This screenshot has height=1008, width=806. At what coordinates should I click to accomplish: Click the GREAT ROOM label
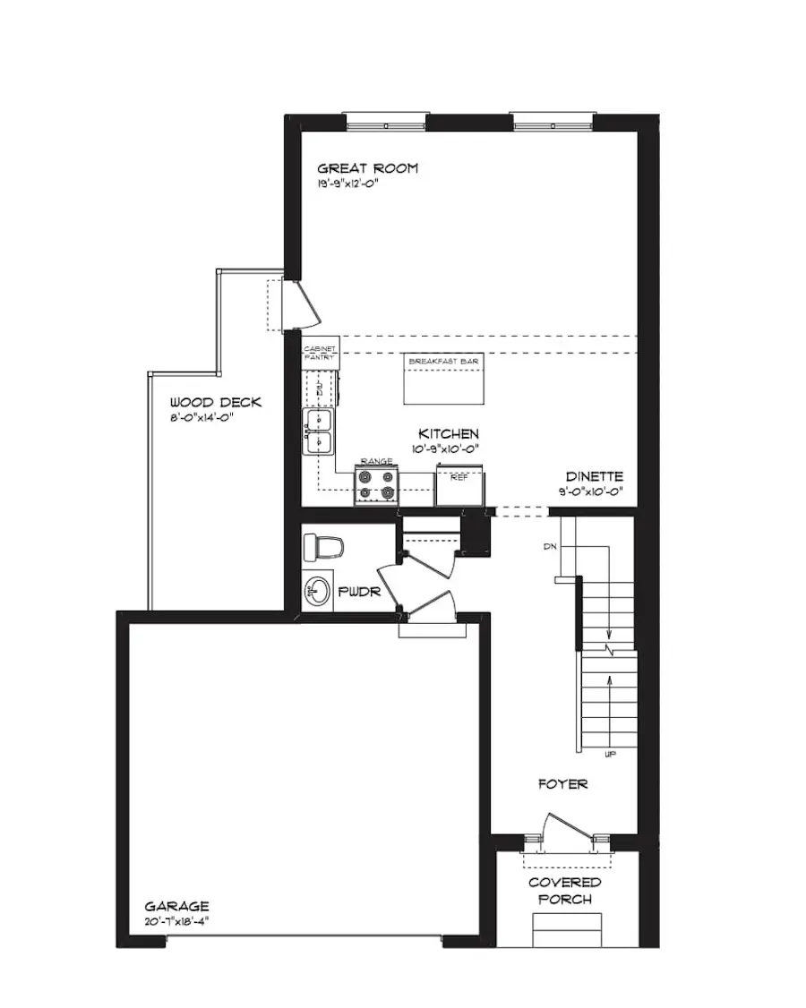click(x=368, y=168)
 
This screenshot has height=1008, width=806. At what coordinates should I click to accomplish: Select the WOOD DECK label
click(x=215, y=403)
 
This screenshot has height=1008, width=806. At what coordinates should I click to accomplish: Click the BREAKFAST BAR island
click(x=443, y=380)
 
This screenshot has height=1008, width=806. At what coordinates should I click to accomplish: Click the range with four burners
click(x=376, y=484)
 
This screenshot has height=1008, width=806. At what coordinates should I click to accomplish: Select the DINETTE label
click(x=594, y=477)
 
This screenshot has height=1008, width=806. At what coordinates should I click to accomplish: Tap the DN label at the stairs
click(x=551, y=545)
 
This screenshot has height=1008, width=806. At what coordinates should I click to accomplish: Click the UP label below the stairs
click(x=611, y=756)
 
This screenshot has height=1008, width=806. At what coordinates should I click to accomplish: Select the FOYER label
click(x=562, y=784)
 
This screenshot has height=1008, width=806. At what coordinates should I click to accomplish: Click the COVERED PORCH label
click(x=564, y=891)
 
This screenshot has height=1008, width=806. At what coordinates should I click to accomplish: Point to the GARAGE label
click(x=178, y=906)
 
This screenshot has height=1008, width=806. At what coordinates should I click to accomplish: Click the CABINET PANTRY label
click(x=320, y=354)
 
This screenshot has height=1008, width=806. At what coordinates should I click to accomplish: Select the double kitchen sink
click(x=319, y=431)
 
